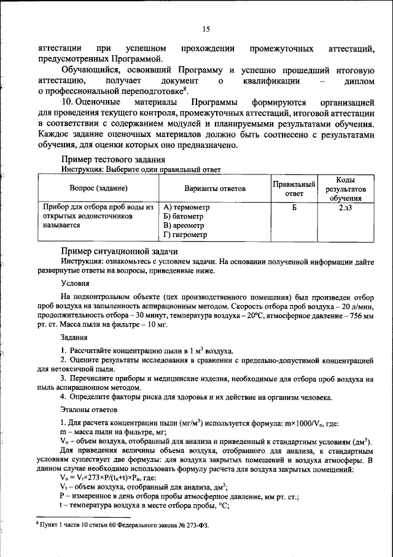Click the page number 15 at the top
point(206,29)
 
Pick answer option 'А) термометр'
point(187,208)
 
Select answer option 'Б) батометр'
point(185,216)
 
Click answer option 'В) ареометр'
point(185,225)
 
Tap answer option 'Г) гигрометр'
point(187,235)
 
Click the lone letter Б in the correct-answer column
point(294,208)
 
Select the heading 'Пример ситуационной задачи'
point(119,251)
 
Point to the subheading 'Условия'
point(76,283)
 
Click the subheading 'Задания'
point(74,337)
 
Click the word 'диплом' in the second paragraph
point(356,81)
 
